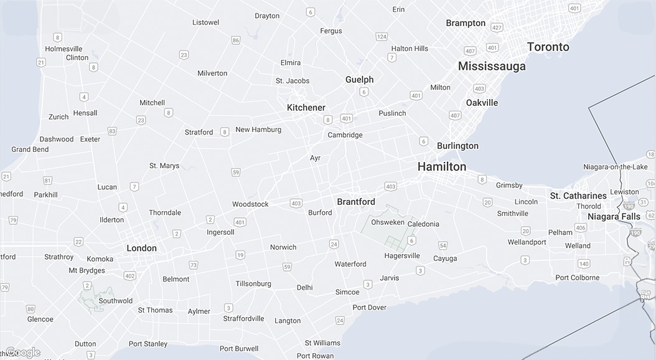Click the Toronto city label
point(548,47)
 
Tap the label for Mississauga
point(492,66)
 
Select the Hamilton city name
point(441,166)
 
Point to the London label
point(141,248)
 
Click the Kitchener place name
point(306,108)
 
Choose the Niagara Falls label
point(614,217)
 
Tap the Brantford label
point(356,202)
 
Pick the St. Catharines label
point(578,196)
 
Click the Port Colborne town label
point(577,278)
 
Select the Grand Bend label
point(30,149)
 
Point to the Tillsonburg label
point(253,283)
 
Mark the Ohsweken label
point(388,222)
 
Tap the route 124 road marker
point(382,37)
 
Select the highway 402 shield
point(129,276)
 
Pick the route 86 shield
point(236,40)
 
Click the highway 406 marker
point(581,228)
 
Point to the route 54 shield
point(443,245)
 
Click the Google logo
point(23,353)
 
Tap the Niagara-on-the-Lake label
point(615,167)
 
